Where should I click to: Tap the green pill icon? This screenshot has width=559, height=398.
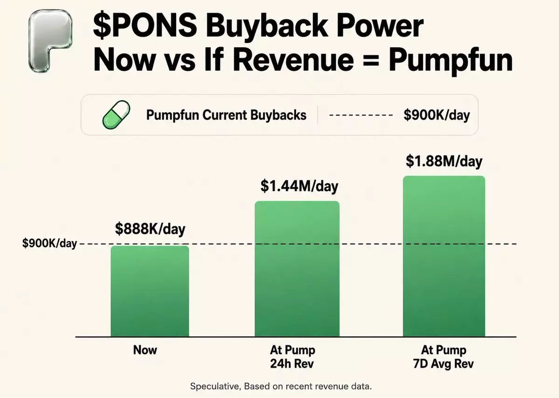(x=116, y=115)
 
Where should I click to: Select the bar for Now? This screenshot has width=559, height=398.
(x=150, y=291)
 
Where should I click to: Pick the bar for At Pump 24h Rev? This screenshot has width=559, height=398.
(x=297, y=268)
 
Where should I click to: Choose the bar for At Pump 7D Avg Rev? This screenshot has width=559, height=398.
(x=444, y=256)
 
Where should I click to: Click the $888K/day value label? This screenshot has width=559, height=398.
(x=150, y=229)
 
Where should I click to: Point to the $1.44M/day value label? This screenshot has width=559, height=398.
(x=299, y=186)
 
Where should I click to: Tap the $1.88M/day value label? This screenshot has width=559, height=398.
(x=444, y=161)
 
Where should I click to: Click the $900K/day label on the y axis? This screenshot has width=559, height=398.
(x=49, y=243)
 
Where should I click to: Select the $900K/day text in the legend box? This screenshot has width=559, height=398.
(x=437, y=115)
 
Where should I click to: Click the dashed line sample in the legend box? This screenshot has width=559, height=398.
(x=361, y=115)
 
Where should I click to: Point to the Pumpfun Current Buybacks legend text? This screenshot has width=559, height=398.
(x=227, y=115)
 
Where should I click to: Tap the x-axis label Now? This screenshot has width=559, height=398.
(x=145, y=350)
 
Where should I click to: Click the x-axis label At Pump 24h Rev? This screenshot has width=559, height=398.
(x=292, y=357)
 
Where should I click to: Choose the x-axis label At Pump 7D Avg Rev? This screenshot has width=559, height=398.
(x=443, y=357)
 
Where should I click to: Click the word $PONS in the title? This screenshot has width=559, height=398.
(x=145, y=25)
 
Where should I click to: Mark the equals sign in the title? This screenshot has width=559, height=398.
(x=370, y=60)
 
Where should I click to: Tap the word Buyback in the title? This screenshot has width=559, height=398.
(x=267, y=26)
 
